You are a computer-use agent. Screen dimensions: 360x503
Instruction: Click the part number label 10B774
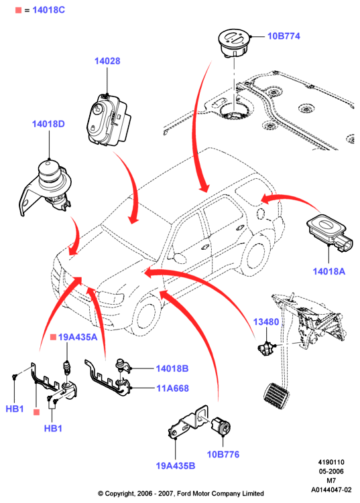[284, 36]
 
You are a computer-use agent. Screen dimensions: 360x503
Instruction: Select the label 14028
[107, 61]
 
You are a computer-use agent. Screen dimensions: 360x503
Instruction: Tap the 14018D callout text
[48, 124]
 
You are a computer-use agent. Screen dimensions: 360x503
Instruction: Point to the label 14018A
[329, 271]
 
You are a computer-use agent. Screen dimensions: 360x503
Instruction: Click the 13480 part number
[266, 321]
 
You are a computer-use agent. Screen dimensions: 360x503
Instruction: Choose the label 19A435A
[78, 337]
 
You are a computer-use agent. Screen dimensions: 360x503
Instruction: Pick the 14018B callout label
[172, 368]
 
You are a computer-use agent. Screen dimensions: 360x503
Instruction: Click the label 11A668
[172, 388]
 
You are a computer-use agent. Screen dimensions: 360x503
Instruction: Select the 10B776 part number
[223, 454]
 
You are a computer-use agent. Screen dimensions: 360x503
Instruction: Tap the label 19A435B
[176, 465]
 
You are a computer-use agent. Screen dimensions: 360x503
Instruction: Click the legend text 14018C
[48, 10]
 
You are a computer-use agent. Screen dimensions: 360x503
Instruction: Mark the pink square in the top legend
[18, 10]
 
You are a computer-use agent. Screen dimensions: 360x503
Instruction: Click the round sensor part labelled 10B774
[234, 43]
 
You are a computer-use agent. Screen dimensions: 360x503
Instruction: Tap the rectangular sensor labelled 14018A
[329, 232]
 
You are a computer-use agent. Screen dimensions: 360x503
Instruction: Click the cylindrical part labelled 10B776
[221, 426]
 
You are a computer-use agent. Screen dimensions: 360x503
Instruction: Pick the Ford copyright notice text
[181, 494]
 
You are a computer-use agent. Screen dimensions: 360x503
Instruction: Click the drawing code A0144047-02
[331, 490]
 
